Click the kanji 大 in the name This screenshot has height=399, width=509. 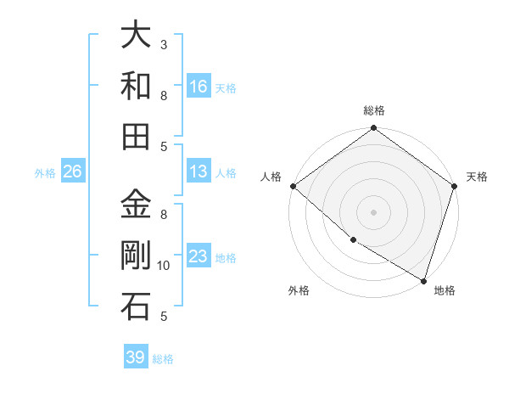(136, 35)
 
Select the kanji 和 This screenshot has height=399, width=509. (136, 85)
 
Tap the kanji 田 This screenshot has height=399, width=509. (136, 136)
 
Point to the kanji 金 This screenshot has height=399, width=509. (136, 205)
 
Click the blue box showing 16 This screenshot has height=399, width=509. (199, 86)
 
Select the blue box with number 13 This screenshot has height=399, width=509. (199, 171)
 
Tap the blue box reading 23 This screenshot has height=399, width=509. (199, 256)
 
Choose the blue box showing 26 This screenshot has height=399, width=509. (72, 171)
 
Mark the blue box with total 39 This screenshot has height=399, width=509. (136, 357)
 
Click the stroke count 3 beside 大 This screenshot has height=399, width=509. (164, 44)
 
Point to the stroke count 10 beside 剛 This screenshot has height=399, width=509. (164, 266)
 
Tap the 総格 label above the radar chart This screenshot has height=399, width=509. (373, 110)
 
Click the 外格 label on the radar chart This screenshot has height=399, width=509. (299, 290)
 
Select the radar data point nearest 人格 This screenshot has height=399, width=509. (293, 186)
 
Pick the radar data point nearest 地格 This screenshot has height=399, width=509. (423, 280)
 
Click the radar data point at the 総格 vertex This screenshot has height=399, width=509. (373, 129)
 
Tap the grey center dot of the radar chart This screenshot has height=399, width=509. (373, 211)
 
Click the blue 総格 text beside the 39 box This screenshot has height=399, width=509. (163, 359)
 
